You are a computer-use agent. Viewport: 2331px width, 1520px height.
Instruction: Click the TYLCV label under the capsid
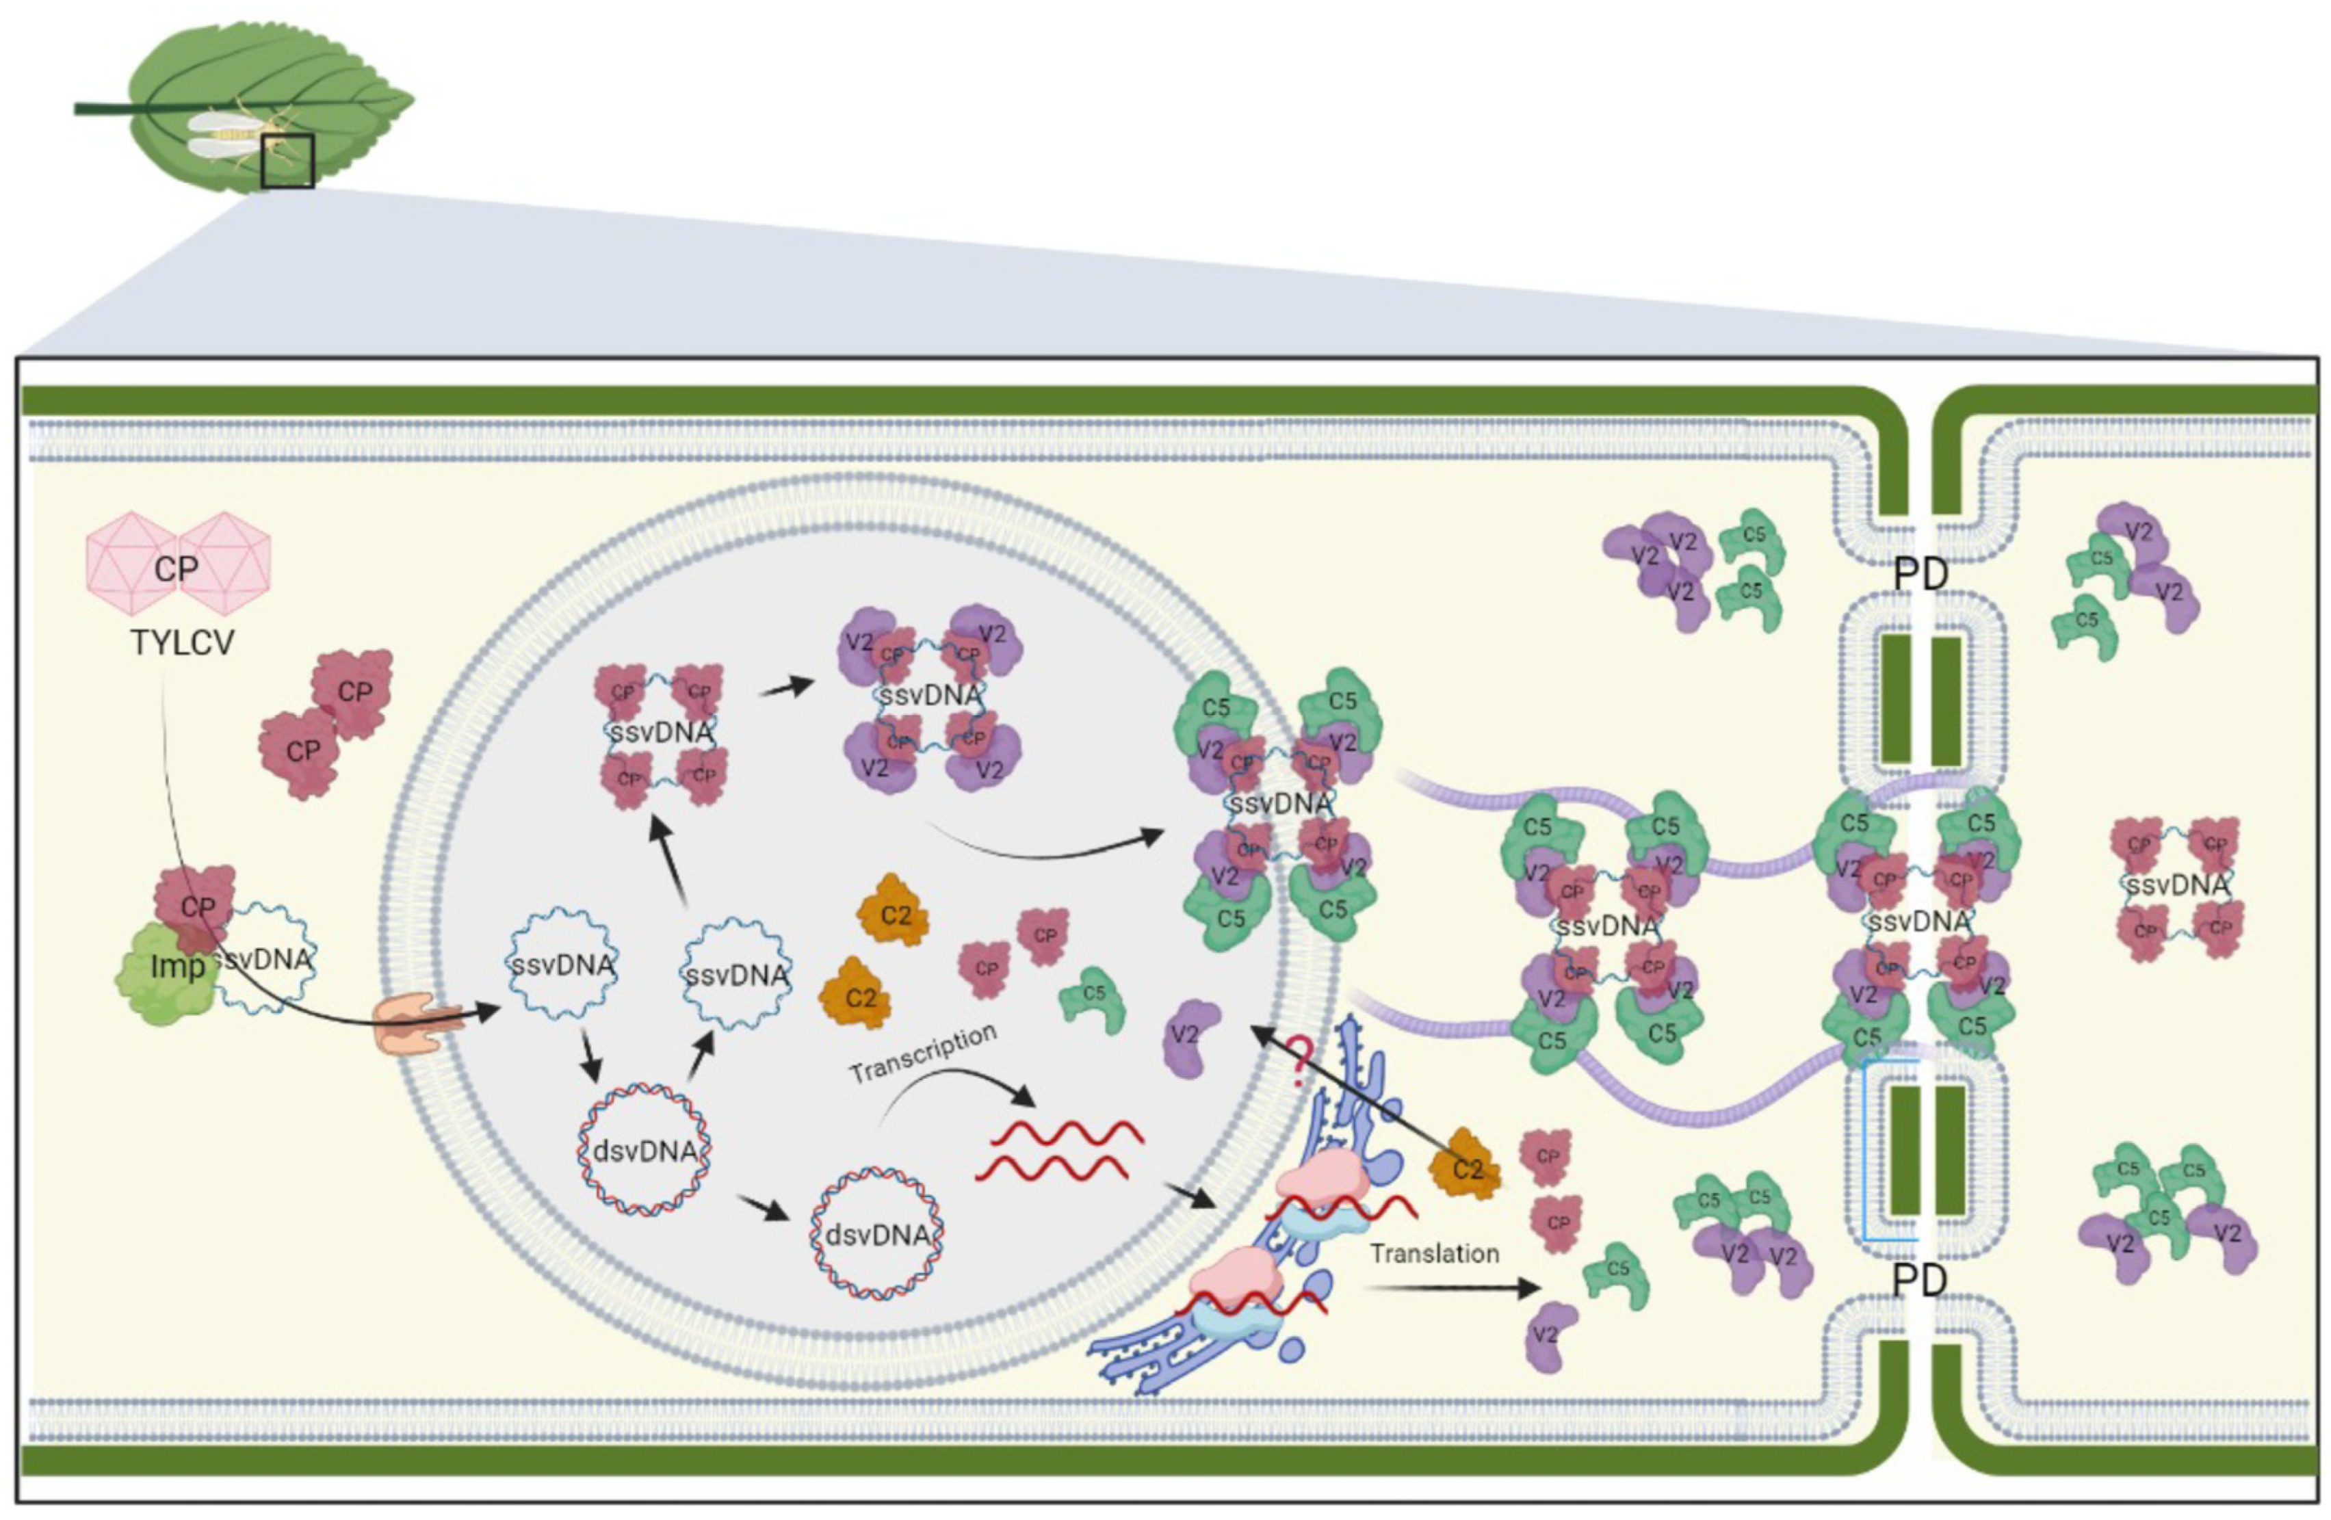tap(182, 644)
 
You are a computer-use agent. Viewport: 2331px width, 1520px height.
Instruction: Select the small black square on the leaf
tap(288, 161)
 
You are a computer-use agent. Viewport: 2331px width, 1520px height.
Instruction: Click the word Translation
tap(1434, 1254)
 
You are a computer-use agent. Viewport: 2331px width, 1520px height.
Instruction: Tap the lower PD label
tap(1920, 1280)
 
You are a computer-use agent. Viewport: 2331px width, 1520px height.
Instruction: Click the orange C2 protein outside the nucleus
tap(1466, 1166)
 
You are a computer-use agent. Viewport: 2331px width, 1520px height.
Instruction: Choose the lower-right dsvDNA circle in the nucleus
tap(876, 1234)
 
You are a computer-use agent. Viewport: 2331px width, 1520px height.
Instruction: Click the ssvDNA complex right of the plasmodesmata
tap(2177, 885)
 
